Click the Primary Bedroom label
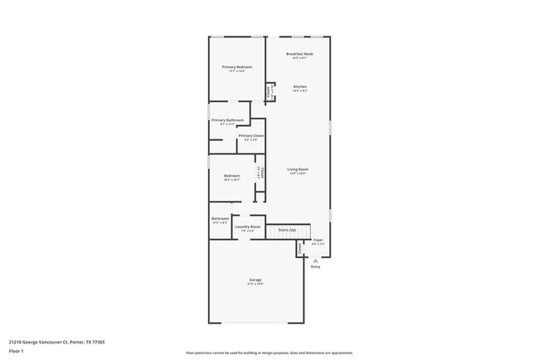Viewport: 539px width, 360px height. (236, 66)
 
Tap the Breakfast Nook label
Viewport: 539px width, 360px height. (299, 54)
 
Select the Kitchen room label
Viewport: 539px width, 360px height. (299, 86)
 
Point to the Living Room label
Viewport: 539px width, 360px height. (297, 169)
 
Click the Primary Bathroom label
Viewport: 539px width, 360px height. (227, 120)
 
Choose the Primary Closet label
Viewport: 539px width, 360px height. (250, 135)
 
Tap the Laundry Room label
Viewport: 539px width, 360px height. (248, 226)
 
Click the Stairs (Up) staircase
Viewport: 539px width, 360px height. (287, 231)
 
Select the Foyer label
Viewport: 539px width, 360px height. (318, 240)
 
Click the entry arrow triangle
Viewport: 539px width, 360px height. (315, 260)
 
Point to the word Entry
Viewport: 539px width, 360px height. (315, 267)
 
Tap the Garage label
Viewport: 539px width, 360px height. (255, 280)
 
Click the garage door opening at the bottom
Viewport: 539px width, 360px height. (255, 323)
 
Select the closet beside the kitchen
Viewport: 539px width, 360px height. (269, 92)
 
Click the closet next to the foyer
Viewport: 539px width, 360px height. (299, 248)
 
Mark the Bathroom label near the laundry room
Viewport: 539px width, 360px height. (220, 218)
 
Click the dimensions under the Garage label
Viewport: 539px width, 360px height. (255, 285)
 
